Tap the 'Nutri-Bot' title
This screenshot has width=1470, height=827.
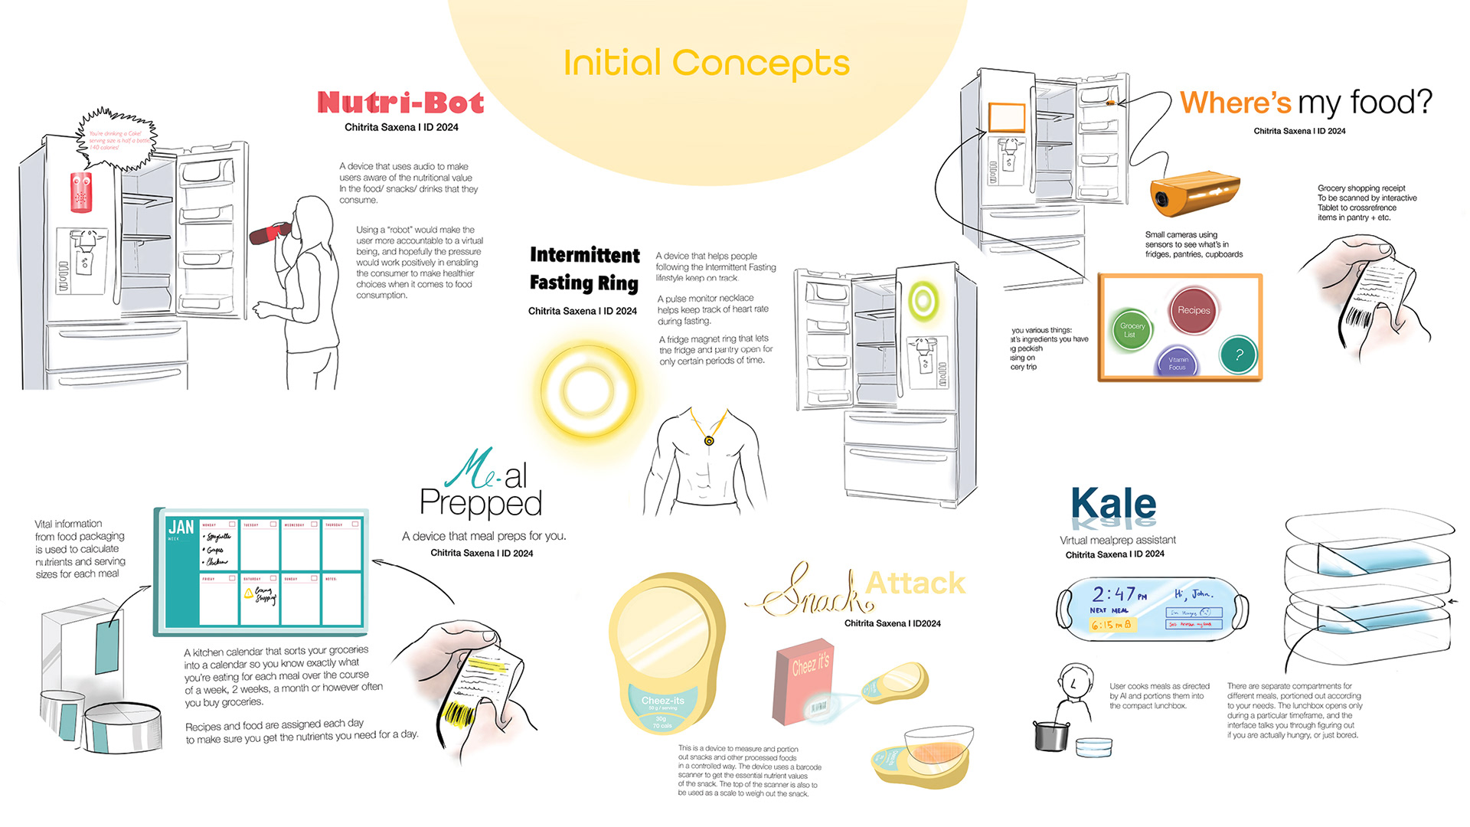(x=400, y=103)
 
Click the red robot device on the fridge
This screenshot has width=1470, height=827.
(x=81, y=191)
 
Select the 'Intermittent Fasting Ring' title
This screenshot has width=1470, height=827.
(x=584, y=269)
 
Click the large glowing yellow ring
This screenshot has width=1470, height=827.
(x=587, y=391)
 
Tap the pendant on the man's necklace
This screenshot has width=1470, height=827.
(x=709, y=441)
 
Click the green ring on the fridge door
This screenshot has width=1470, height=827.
(x=923, y=300)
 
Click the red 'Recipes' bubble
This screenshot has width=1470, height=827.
(x=1194, y=310)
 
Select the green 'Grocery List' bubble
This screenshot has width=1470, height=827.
(x=1132, y=330)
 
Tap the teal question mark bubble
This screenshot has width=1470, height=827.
(x=1239, y=355)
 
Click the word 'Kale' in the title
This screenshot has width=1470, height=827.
(x=1113, y=505)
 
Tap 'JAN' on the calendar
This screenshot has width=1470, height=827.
(x=181, y=527)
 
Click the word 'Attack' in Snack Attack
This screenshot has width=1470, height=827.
(x=915, y=583)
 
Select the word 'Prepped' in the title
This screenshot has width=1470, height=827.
(x=481, y=504)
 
